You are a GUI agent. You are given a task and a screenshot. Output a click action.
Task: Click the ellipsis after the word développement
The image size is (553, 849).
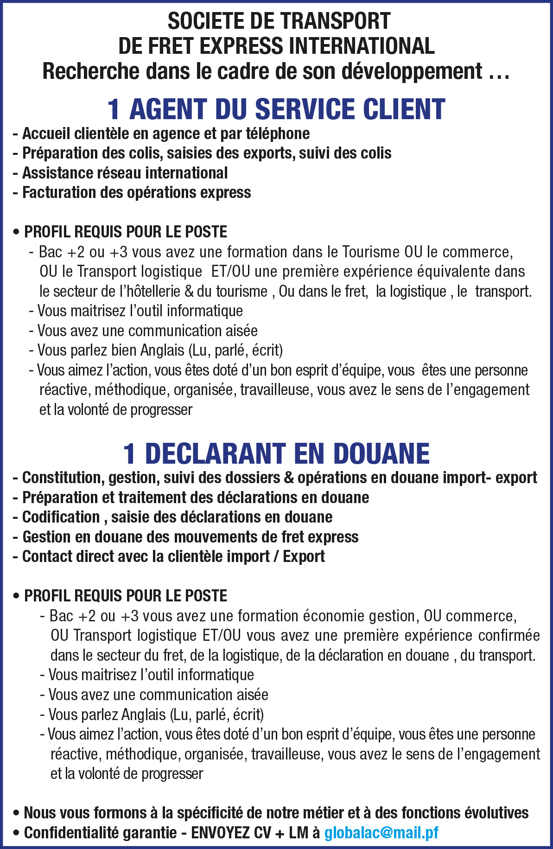coord(499,72)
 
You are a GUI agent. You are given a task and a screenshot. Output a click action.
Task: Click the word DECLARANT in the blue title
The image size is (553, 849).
coord(216,453)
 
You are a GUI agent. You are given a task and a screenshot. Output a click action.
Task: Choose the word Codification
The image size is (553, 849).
coord(61,517)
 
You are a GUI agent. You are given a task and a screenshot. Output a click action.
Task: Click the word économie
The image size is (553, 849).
coord(334,616)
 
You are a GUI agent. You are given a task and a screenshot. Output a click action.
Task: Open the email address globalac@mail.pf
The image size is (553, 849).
coord(381,833)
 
